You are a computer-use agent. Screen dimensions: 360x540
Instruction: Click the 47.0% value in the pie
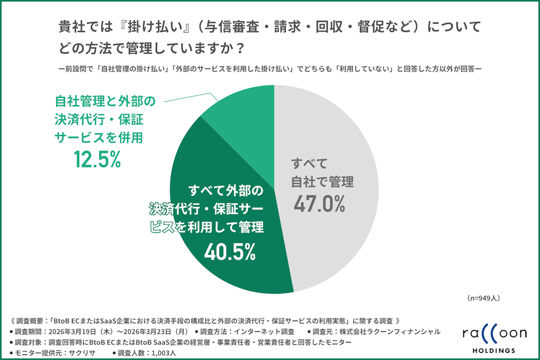319,204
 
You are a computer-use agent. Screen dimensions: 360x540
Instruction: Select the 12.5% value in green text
97,161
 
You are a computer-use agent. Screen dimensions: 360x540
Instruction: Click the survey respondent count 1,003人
161,353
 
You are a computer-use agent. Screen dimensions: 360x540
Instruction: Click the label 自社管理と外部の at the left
103,102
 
